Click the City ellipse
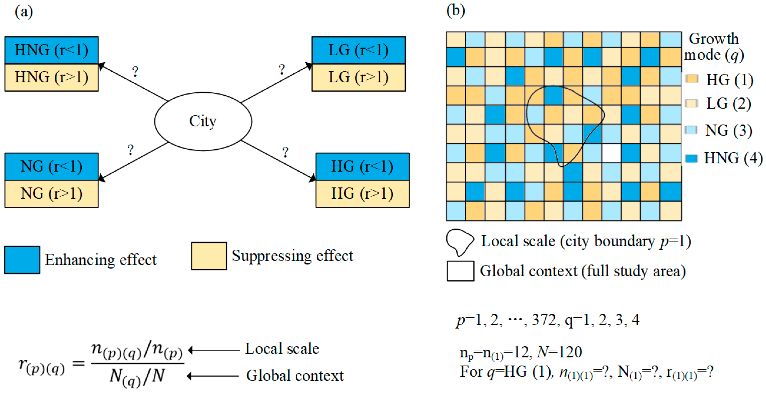(203, 121)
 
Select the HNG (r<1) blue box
(51, 50)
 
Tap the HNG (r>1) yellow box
(51, 77)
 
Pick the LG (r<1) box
(358, 50)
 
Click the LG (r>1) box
(358, 77)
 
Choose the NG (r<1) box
(51, 166)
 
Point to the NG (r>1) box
(51, 194)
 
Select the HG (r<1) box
(362, 166)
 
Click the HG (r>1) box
(362, 194)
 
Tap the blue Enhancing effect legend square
(22, 260)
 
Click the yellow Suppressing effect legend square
(209, 256)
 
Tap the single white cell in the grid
(611, 153)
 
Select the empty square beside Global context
(460, 271)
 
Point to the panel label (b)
(456, 11)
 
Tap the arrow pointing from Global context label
(213, 376)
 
